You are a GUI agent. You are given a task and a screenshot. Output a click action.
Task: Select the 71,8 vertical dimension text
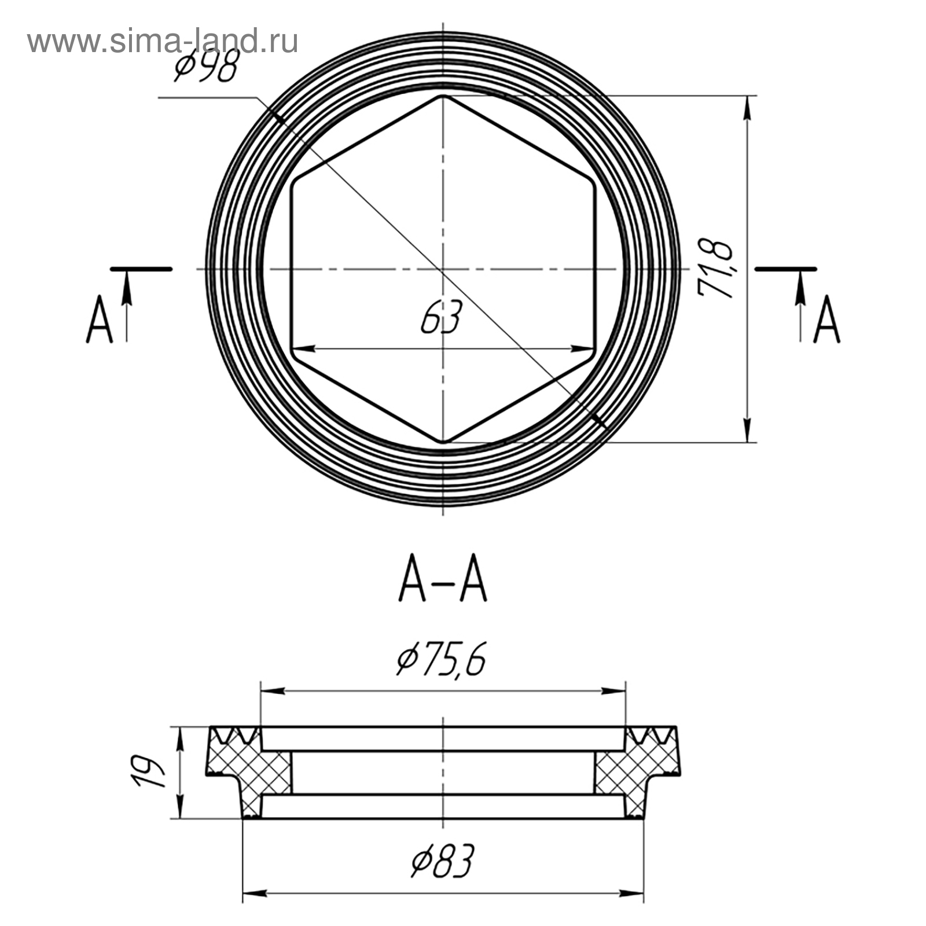pos(716,268)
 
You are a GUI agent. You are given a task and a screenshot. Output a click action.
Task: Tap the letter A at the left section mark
pos(100,319)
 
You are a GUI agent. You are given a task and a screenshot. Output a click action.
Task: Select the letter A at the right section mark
pos(826,319)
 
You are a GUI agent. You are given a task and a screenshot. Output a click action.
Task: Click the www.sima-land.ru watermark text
pos(163,42)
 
